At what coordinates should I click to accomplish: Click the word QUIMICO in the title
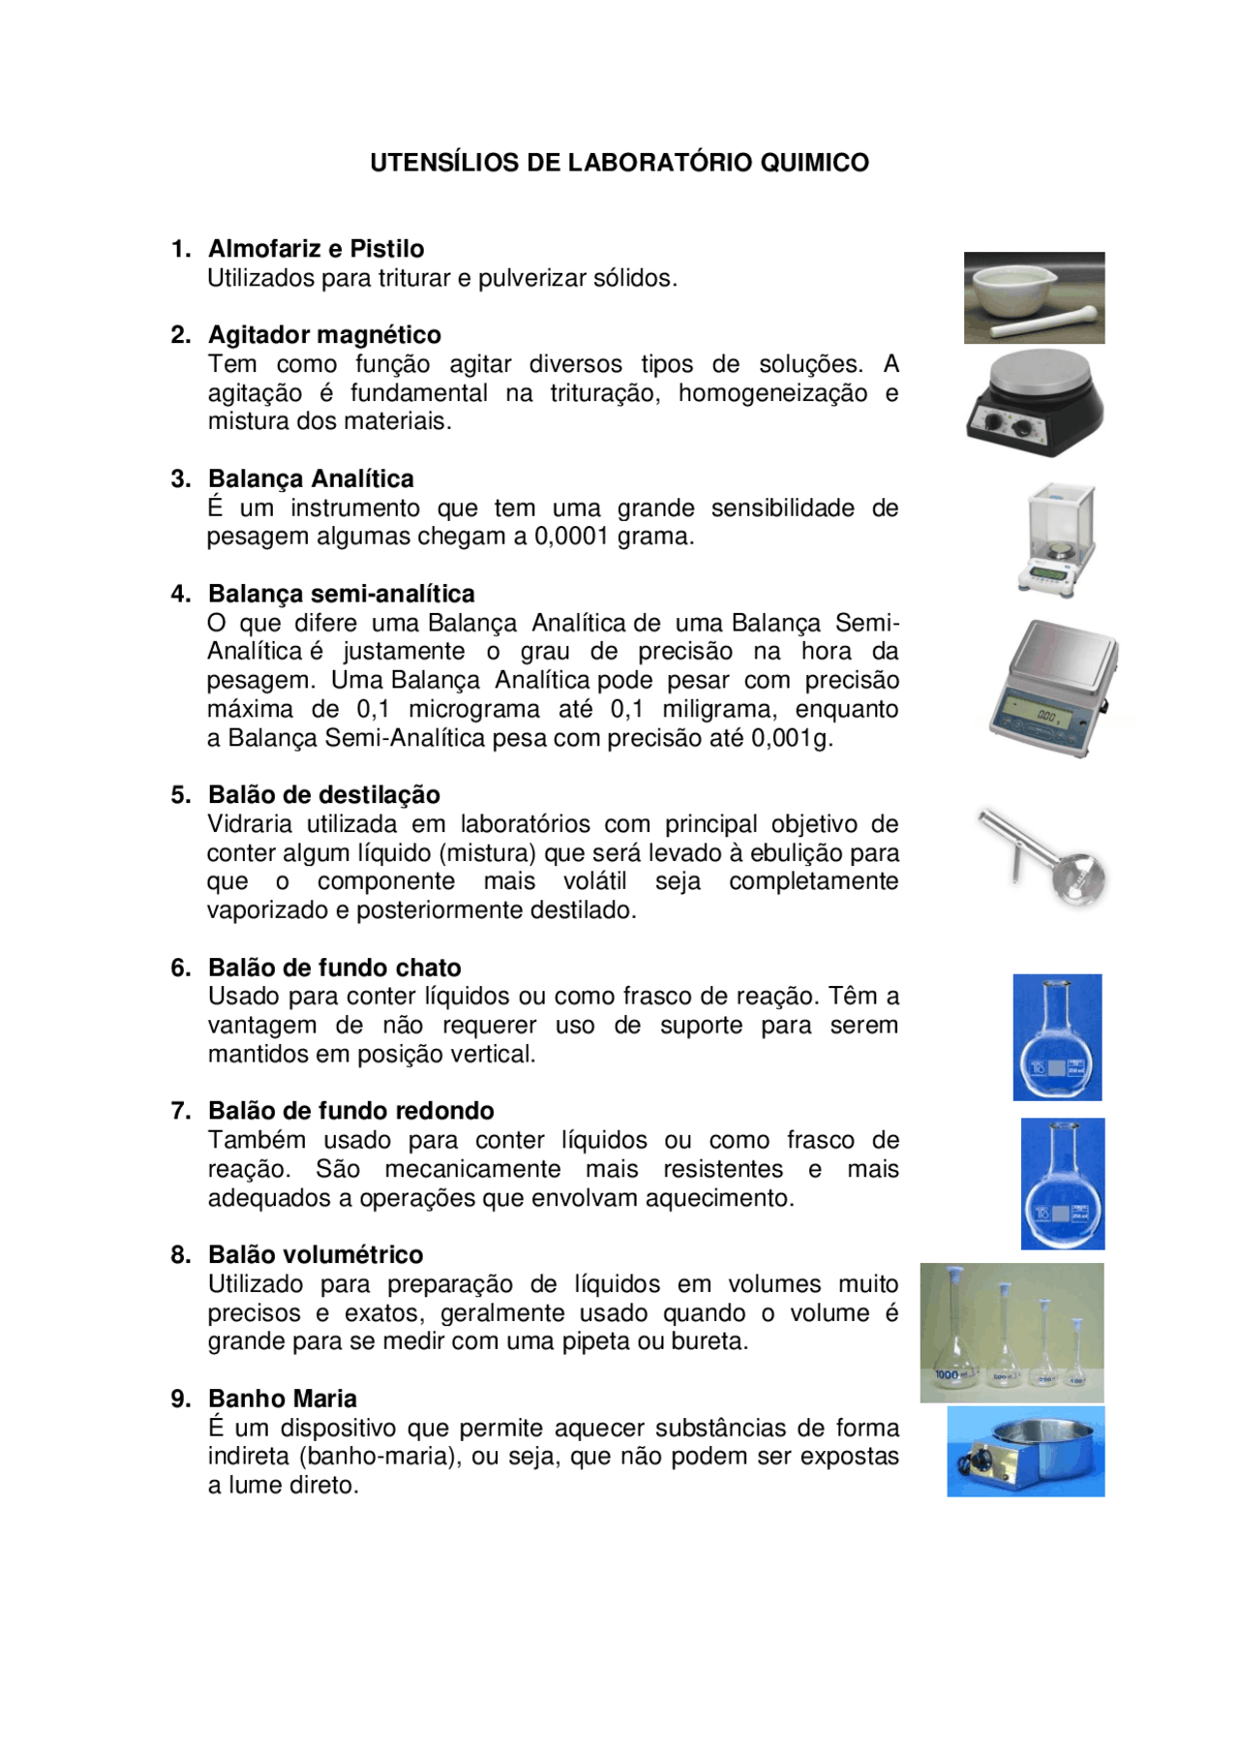click(814, 162)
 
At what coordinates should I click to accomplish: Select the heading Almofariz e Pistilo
click(316, 249)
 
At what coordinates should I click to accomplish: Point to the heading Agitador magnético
click(324, 335)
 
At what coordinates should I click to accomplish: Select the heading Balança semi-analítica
click(342, 594)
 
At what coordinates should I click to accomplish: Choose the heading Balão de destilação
click(324, 795)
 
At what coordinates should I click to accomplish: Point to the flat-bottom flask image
click(1057, 1037)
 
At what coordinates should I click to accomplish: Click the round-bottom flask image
click(1063, 1184)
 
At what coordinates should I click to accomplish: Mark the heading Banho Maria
click(283, 1399)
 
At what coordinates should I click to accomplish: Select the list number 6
click(180, 968)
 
